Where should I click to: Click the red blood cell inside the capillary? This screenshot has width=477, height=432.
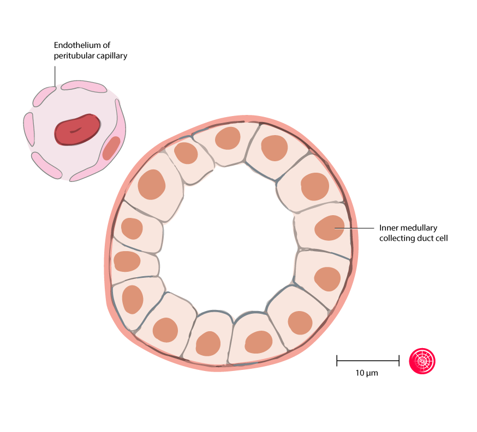(77, 130)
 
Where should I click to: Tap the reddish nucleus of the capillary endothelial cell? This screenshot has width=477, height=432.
(111, 148)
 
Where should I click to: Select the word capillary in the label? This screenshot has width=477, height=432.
(112, 56)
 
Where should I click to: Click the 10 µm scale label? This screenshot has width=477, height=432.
(367, 373)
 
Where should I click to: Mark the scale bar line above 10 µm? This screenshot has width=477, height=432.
(368, 361)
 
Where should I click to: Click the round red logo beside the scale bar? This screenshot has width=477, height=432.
(422, 361)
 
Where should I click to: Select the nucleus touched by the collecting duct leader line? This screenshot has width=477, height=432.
(330, 228)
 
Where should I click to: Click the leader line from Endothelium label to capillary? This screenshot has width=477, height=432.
(55, 76)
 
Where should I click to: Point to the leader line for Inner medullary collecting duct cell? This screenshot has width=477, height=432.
(354, 228)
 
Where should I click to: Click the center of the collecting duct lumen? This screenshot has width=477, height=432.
(228, 240)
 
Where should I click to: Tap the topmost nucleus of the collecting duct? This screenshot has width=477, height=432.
(228, 138)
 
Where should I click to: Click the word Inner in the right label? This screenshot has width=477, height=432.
(386, 228)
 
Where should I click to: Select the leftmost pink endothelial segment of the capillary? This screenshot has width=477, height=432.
(29, 129)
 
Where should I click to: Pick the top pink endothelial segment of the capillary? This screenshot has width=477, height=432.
(84, 86)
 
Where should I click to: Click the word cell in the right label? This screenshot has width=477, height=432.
(441, 238)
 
